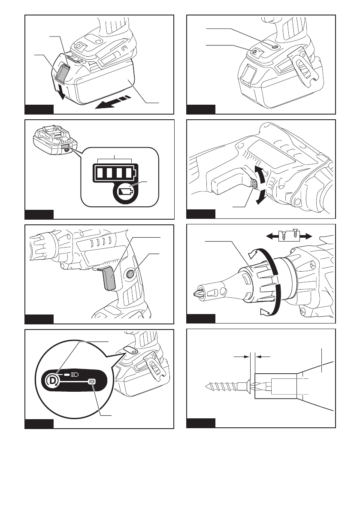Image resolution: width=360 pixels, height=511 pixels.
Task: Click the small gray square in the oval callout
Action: click(x=91, y=381)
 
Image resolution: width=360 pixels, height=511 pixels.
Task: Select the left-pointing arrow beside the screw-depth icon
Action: click(x=272, y=236)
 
